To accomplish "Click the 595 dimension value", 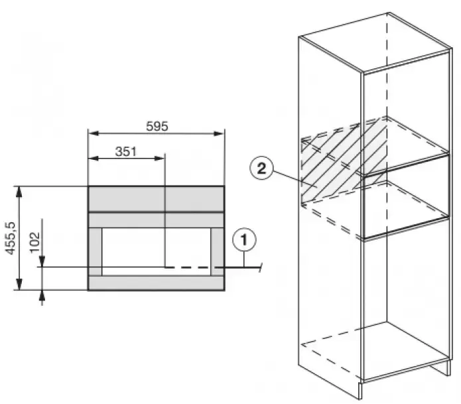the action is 157,126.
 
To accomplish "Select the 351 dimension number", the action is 126,151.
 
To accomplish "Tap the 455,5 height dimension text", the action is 11,238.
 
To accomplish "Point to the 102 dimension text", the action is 34,242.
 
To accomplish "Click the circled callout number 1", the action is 244,239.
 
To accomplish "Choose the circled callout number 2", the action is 261,168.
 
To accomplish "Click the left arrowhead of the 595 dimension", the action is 94,133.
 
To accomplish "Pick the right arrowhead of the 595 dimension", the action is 219,133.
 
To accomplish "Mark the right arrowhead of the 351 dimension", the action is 159,159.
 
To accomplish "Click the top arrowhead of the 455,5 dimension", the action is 19,192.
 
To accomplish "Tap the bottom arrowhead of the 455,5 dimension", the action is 19,285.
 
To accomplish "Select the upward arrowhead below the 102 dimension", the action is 42,295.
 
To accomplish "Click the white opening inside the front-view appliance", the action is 157,251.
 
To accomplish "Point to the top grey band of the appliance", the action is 156,199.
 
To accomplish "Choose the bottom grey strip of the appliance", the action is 156,283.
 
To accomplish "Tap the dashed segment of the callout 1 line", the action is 189,267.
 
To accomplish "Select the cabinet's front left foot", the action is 361,391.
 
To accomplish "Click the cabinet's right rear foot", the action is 448,368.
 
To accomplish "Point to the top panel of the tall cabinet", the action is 375,42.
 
